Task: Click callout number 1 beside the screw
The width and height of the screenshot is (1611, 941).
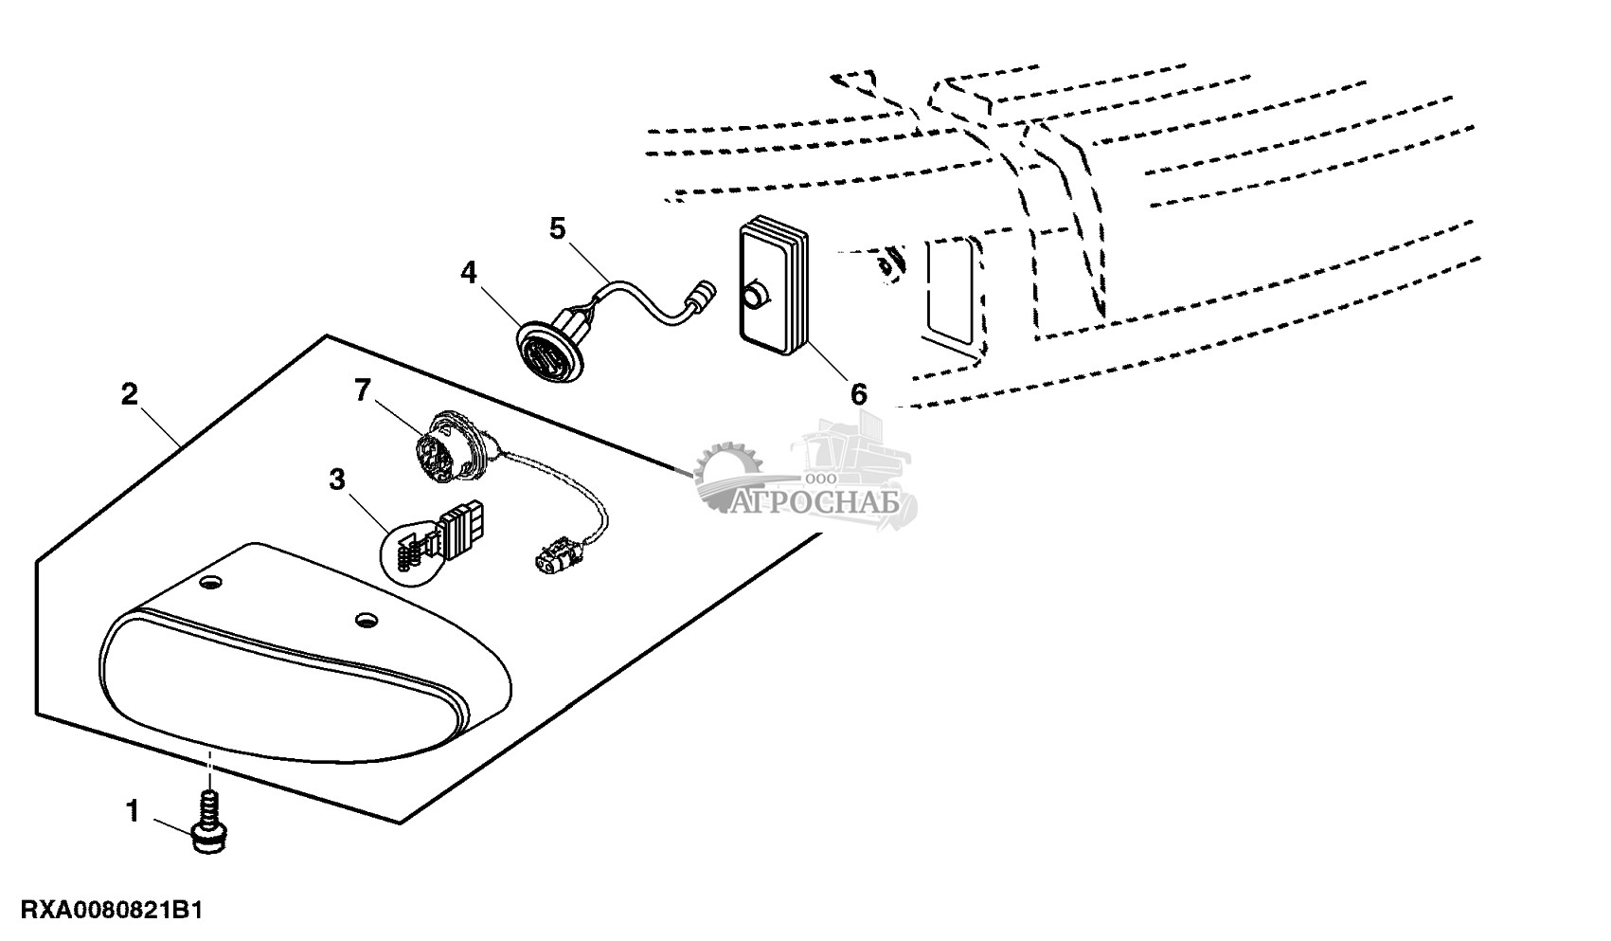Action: point(133,811)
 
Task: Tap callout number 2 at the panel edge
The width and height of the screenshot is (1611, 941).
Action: point(131,394)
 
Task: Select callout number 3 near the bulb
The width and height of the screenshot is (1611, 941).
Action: point(337,480)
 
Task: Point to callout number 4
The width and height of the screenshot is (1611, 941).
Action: point(469,273)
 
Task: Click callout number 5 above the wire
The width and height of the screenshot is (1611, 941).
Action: point(557,228)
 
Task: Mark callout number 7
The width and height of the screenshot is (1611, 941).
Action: point(363,390)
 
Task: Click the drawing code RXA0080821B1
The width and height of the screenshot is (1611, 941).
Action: point(103,912)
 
